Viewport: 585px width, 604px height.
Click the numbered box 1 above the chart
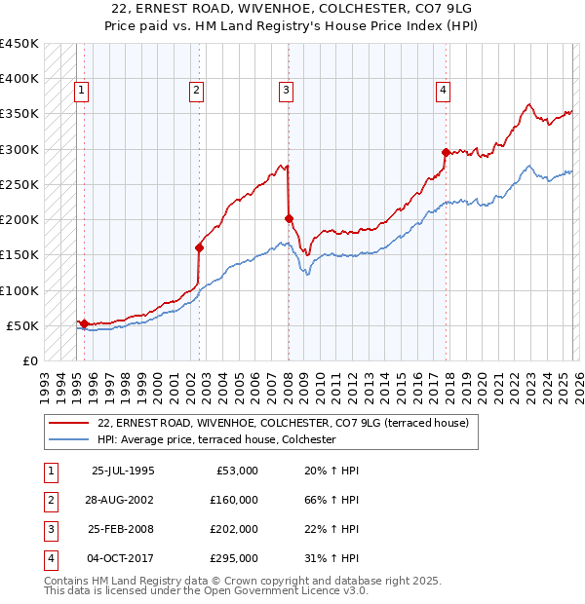point(82,91)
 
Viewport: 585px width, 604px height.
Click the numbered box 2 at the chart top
point(196,91)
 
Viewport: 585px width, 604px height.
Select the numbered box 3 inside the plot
point(287,91)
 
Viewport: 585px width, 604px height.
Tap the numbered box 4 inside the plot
point(443,91)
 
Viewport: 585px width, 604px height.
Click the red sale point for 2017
point(446,152)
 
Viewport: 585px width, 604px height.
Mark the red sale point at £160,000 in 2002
point(199,247)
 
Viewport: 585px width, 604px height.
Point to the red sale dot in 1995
point(85,323)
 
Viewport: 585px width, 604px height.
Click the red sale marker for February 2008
point(289,218)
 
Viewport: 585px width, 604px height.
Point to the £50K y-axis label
point(22,325)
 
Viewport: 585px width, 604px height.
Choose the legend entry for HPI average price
point(216,440)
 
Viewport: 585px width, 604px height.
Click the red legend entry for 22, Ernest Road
point(283,424)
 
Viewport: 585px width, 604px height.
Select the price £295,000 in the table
point(234,558)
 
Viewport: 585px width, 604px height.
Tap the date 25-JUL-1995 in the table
point(122,471)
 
